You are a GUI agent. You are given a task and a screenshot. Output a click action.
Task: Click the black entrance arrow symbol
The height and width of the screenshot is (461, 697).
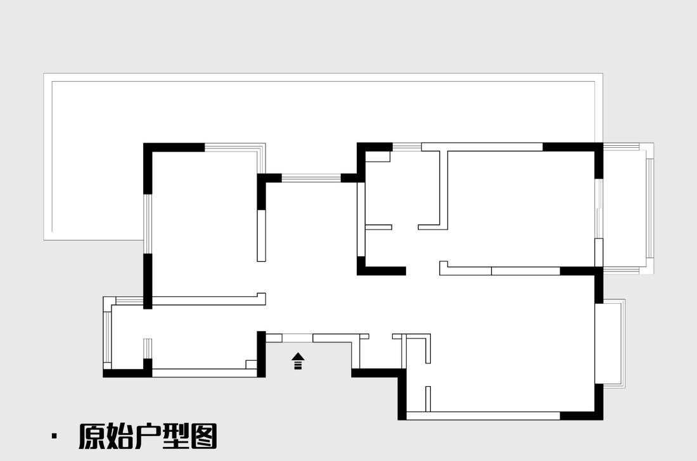tap(298, 361)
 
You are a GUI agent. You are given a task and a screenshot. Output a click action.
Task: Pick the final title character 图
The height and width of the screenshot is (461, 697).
tap(204, 436)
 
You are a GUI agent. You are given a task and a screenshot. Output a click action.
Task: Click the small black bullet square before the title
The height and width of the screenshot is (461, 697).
tap(54, 436)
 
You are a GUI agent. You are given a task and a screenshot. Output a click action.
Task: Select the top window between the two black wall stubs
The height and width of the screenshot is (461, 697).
tap(311, 178)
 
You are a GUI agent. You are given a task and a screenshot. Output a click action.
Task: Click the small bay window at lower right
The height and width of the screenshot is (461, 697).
tap(611, 342)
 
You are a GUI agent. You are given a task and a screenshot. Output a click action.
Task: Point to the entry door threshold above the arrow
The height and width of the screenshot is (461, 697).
tap(297, 337)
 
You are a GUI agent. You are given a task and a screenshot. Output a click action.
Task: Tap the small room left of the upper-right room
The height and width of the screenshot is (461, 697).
tap(402, 190)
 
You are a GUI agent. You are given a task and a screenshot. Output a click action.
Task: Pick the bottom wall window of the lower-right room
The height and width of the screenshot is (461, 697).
tap(483, 415)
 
